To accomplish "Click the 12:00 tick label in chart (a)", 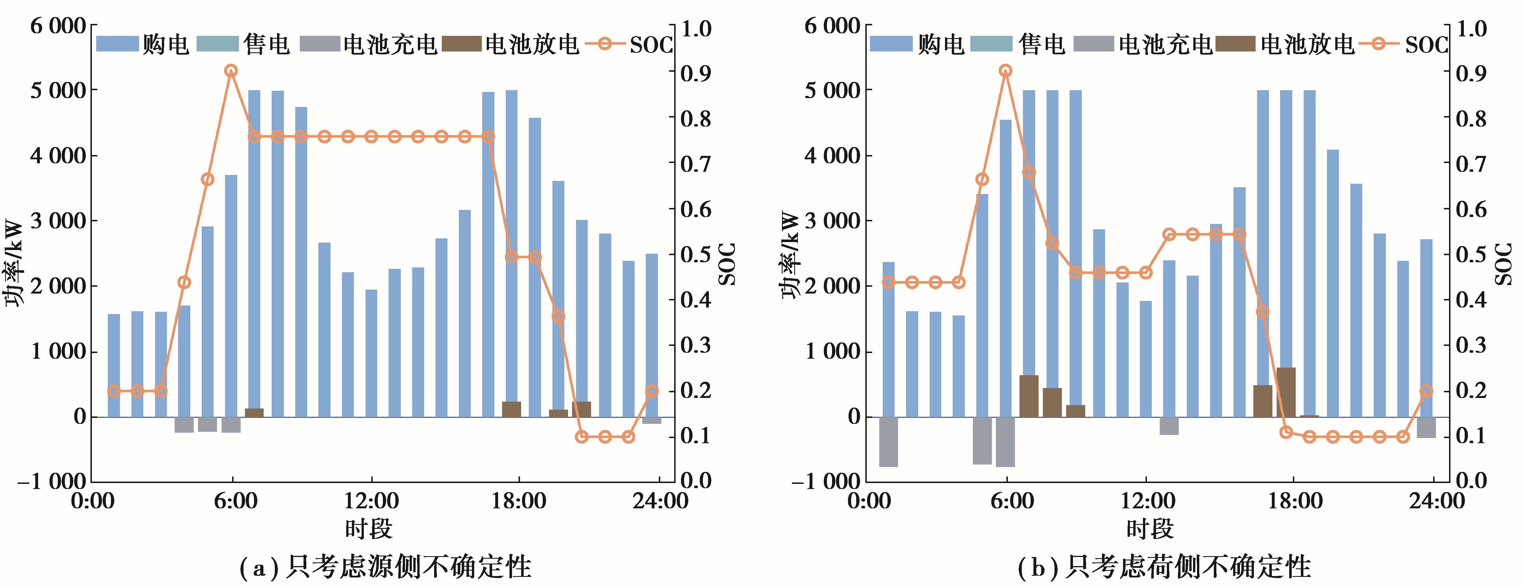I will click(371, 502).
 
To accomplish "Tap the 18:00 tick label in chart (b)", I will click(1295, 502).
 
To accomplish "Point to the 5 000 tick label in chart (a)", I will click(58, 90).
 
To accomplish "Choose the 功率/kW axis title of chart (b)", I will click(791, 255).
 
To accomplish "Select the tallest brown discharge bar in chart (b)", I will click(1286, 392).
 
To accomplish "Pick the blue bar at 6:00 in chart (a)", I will click(231, 296).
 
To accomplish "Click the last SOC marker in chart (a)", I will click(651, 391).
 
